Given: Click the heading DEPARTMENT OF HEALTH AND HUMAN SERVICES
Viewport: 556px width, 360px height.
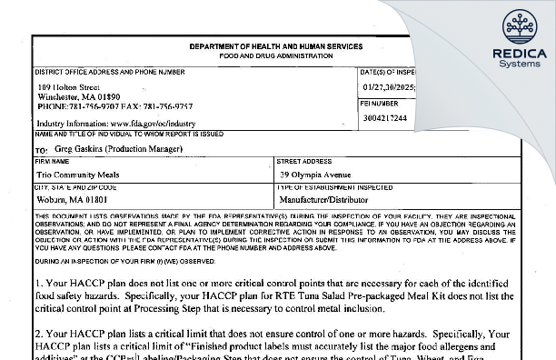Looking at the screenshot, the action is [276, 46].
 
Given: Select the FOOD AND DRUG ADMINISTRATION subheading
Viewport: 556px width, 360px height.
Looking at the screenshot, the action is [276, 55].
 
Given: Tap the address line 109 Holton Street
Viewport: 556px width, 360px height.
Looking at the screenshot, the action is [69, 86].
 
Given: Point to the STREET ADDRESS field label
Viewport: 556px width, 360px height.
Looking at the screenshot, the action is [304, 161].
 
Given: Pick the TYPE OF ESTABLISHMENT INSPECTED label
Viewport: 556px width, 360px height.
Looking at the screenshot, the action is [335, 185].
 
